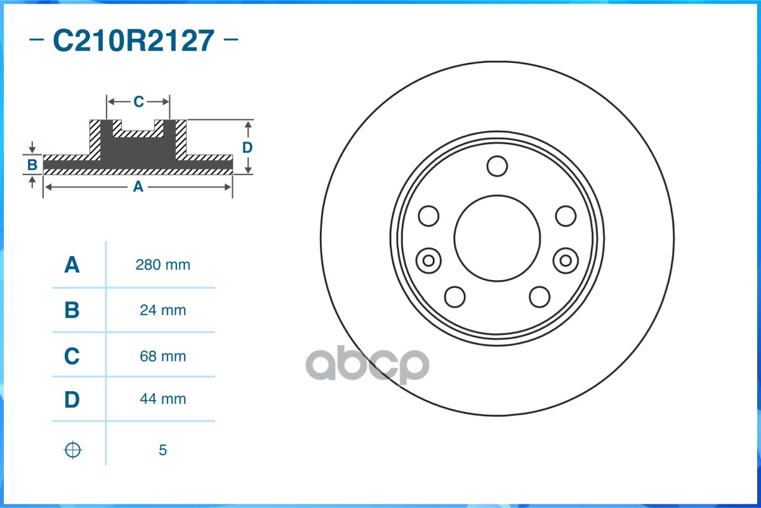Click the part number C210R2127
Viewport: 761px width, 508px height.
(133, 41)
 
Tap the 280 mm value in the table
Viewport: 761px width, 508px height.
(162, 265)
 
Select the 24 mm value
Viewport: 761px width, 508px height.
(162, 311)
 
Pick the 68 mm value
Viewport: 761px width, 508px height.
(162, 356)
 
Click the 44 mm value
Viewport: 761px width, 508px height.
(162, 399)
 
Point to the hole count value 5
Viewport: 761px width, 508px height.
(162, 450)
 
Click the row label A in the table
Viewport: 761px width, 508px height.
(72, 265)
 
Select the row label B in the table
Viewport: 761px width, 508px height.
(72, 311)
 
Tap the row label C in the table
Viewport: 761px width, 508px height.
(72, 356)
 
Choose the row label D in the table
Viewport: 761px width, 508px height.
(72, 399)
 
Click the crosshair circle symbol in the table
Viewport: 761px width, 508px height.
(73, 450)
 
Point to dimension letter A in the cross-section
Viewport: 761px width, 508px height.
(137, 187)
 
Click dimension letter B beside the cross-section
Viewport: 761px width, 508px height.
(32, 166)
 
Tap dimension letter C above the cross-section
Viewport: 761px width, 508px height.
(138, 102)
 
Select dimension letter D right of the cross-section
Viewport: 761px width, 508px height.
(248, 147)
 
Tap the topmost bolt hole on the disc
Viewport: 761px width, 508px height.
(497, 166)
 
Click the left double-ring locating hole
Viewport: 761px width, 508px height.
(429, 260)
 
